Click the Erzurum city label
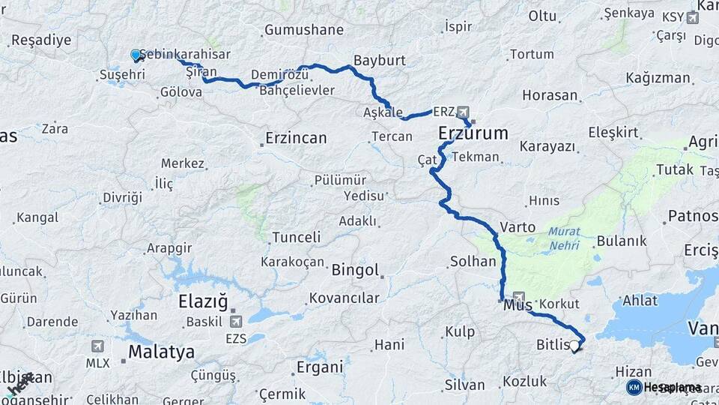(473, 134)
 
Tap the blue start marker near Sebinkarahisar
(136, 55)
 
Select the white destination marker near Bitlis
(574, 346)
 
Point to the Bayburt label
(379, 59)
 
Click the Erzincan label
(296, 138)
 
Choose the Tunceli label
(296, 237)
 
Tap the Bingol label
(355, 270)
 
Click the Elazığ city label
(202, 302)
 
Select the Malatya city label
(161, 352)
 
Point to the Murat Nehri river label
(564, 238)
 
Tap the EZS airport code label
(236, 338)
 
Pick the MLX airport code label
(97, 363)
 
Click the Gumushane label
(303, 30)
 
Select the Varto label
(518, 227)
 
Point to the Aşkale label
(383, 112)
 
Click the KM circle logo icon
(634, 387)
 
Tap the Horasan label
(550, 95)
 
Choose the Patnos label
(694, 217)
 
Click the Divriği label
(122, 197)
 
